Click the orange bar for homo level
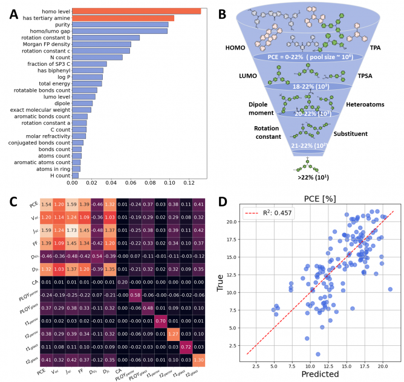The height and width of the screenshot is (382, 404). point(136,11)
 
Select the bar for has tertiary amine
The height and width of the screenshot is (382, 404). point(123,18)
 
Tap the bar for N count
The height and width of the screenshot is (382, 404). point(97,57)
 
